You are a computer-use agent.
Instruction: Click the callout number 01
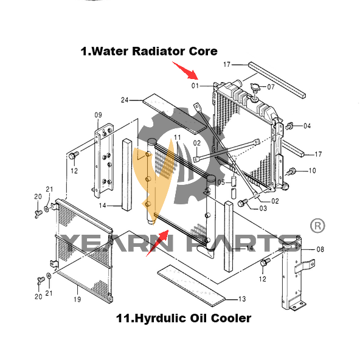point(195,86)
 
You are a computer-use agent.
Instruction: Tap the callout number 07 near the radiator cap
point(271,87)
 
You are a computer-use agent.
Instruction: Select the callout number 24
point(125,100)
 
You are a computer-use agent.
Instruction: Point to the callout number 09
point(99,115)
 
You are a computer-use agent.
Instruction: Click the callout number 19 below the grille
point(77,299)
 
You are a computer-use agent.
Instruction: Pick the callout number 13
point(242,299)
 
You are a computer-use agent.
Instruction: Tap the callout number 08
point(320,249)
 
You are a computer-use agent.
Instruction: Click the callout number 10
point(312,171)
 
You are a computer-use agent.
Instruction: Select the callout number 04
point(307,126)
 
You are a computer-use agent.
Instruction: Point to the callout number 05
point(221,182)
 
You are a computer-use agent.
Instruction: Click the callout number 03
point(263,209)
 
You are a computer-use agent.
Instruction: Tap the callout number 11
point(178,137)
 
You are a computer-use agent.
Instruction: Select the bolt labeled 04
point(289,126)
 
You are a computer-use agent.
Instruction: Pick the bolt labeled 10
point(291,171)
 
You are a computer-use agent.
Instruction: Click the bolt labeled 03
point(243,202)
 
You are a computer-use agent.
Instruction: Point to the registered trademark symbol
point(317,226)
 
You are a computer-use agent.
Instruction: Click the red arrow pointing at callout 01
point(185,71)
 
